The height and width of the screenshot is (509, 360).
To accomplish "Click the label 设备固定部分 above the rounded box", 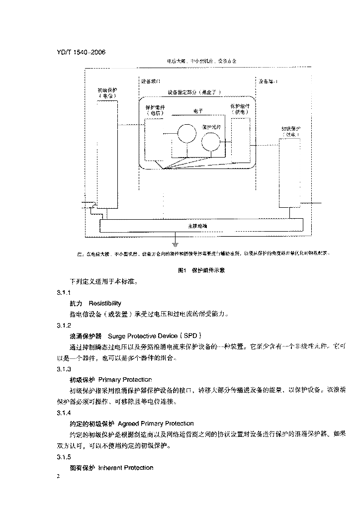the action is click(x=194, y=92).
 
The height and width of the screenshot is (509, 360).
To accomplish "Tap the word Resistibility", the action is click(x=105, y=303).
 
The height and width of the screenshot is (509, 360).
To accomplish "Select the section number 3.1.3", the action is click(x=64, y=369).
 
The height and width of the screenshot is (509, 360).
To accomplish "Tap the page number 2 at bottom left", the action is click(x=59, y=477).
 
